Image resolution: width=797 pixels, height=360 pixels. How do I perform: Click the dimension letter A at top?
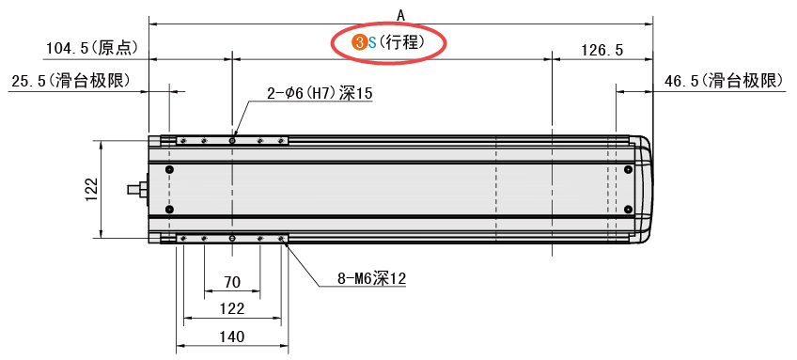pos(400,14)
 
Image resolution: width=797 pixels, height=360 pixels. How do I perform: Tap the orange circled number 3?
pos(358,42)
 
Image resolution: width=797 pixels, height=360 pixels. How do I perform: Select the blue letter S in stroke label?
pos(371,42)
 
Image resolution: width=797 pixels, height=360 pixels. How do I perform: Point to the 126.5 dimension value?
pos(602,51)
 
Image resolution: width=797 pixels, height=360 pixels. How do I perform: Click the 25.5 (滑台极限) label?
pos(70,81)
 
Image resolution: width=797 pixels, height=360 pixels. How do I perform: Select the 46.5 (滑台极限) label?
pos(724,81)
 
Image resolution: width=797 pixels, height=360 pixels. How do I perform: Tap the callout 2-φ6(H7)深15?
pos(320,93)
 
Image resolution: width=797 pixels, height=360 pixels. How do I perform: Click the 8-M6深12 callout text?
pos(371,278)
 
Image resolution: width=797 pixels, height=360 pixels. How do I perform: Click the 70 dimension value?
pos(231,282)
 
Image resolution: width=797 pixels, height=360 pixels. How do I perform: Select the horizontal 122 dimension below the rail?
pos(231,308)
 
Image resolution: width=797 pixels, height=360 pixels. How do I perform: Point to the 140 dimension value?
pos(231,337)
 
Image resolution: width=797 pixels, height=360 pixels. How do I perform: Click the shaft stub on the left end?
pos(137,189)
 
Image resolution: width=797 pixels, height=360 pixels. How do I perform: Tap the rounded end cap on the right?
pos(643,189)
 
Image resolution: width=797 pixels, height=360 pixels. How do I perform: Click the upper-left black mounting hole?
pos(169,169)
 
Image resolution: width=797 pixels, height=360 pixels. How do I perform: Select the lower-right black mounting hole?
pos(628,209)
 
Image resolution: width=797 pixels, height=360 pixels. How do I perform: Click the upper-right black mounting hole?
pos(628,169)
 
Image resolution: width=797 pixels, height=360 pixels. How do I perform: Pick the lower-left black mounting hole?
pos(169,209)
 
